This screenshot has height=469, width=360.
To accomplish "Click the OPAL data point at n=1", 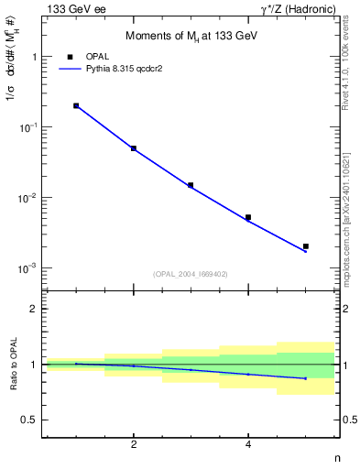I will pyautogui.click(x=76, y=105).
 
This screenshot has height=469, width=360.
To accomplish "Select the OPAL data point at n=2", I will pyautogui.click(x=134, y=148).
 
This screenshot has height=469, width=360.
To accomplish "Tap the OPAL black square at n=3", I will pyautogui.click(x=191, y=185).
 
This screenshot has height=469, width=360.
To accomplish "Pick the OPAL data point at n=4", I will pyautogui.click(x=248, y=217).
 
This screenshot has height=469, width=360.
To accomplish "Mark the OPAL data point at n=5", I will pyautogui.click(x=306, y=246).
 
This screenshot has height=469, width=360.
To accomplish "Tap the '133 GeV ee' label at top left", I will pyautogui.click(x=68, y=8).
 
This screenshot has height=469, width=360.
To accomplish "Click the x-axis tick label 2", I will pyautogui.click(x=134, y=445).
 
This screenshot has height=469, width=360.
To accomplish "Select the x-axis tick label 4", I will pyautogui.click(x=248, y=445).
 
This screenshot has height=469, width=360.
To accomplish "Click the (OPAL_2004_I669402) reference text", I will pyautogui.click(x=190, y=273).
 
